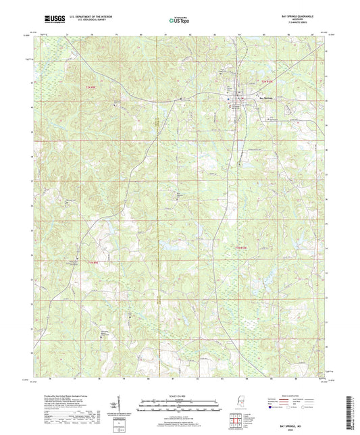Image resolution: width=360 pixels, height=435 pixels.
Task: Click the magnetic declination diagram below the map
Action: click(126, 405)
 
